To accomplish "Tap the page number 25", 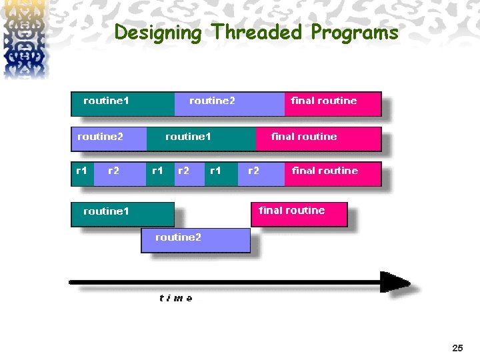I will (457, 348).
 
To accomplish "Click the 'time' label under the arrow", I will (176, 299).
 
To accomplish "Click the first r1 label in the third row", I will (81, 171).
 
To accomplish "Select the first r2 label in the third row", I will (114, 171).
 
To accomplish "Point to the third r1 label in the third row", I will (215, 171).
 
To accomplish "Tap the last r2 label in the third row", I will (254, 171).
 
